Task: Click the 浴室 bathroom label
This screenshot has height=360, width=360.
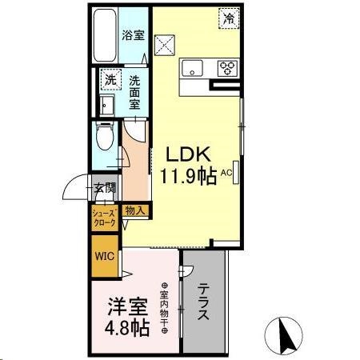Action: click(x=132, y=35)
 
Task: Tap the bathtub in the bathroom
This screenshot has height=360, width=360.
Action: click(x=104, y=37)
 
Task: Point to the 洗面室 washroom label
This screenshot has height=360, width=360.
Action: click(x=135, y=90)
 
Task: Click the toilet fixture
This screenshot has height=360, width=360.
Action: click(x=104, y=139)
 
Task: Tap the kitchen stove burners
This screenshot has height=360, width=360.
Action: click(x=226, y=67)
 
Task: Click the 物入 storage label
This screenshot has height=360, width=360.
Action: click(x=135, y=211)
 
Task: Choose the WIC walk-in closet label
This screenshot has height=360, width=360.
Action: click(x=105, y=257)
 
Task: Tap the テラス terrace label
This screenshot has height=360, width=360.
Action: click(x=204, y=302)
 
